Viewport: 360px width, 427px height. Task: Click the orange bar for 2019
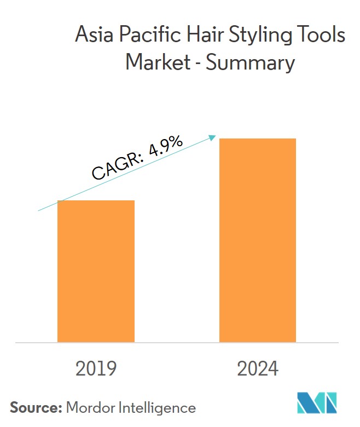(x=96, y=271)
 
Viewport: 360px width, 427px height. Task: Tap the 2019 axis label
(x=96, y=369)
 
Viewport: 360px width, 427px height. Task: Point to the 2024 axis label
(x=258, y=369)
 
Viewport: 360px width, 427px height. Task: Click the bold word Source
(x=35, y=407)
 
